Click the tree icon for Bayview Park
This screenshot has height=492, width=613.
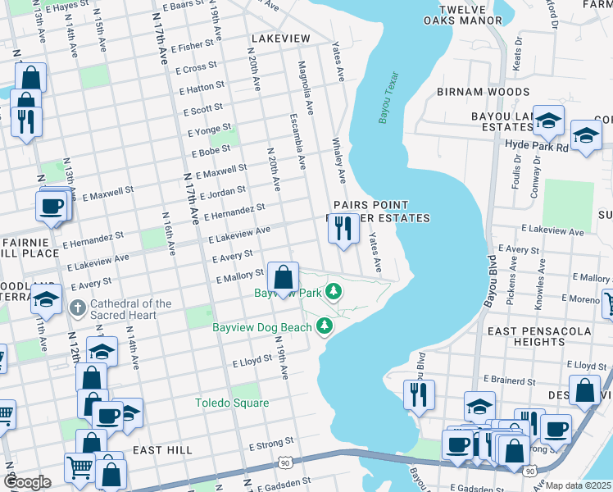(334, 290)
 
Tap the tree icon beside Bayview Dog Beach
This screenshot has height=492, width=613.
(325, 327)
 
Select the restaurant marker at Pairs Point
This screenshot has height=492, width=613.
(343, 227)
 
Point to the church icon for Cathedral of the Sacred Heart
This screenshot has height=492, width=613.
(77, 309)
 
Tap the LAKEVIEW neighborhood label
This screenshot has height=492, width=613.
(281, 39)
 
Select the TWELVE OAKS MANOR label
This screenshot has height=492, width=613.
(470, 15)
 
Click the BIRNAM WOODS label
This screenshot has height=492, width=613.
(483, 92)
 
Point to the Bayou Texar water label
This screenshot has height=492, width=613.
(388, 98)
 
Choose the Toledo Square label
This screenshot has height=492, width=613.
(231, 403)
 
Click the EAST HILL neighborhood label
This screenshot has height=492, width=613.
(162, 450)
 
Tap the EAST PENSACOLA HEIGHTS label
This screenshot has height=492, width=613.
(538, 335)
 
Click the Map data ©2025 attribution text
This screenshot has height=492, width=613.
(579, 485)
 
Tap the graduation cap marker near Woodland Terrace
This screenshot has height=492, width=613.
(47, 301)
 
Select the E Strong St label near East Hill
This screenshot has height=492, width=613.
(270, 445)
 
